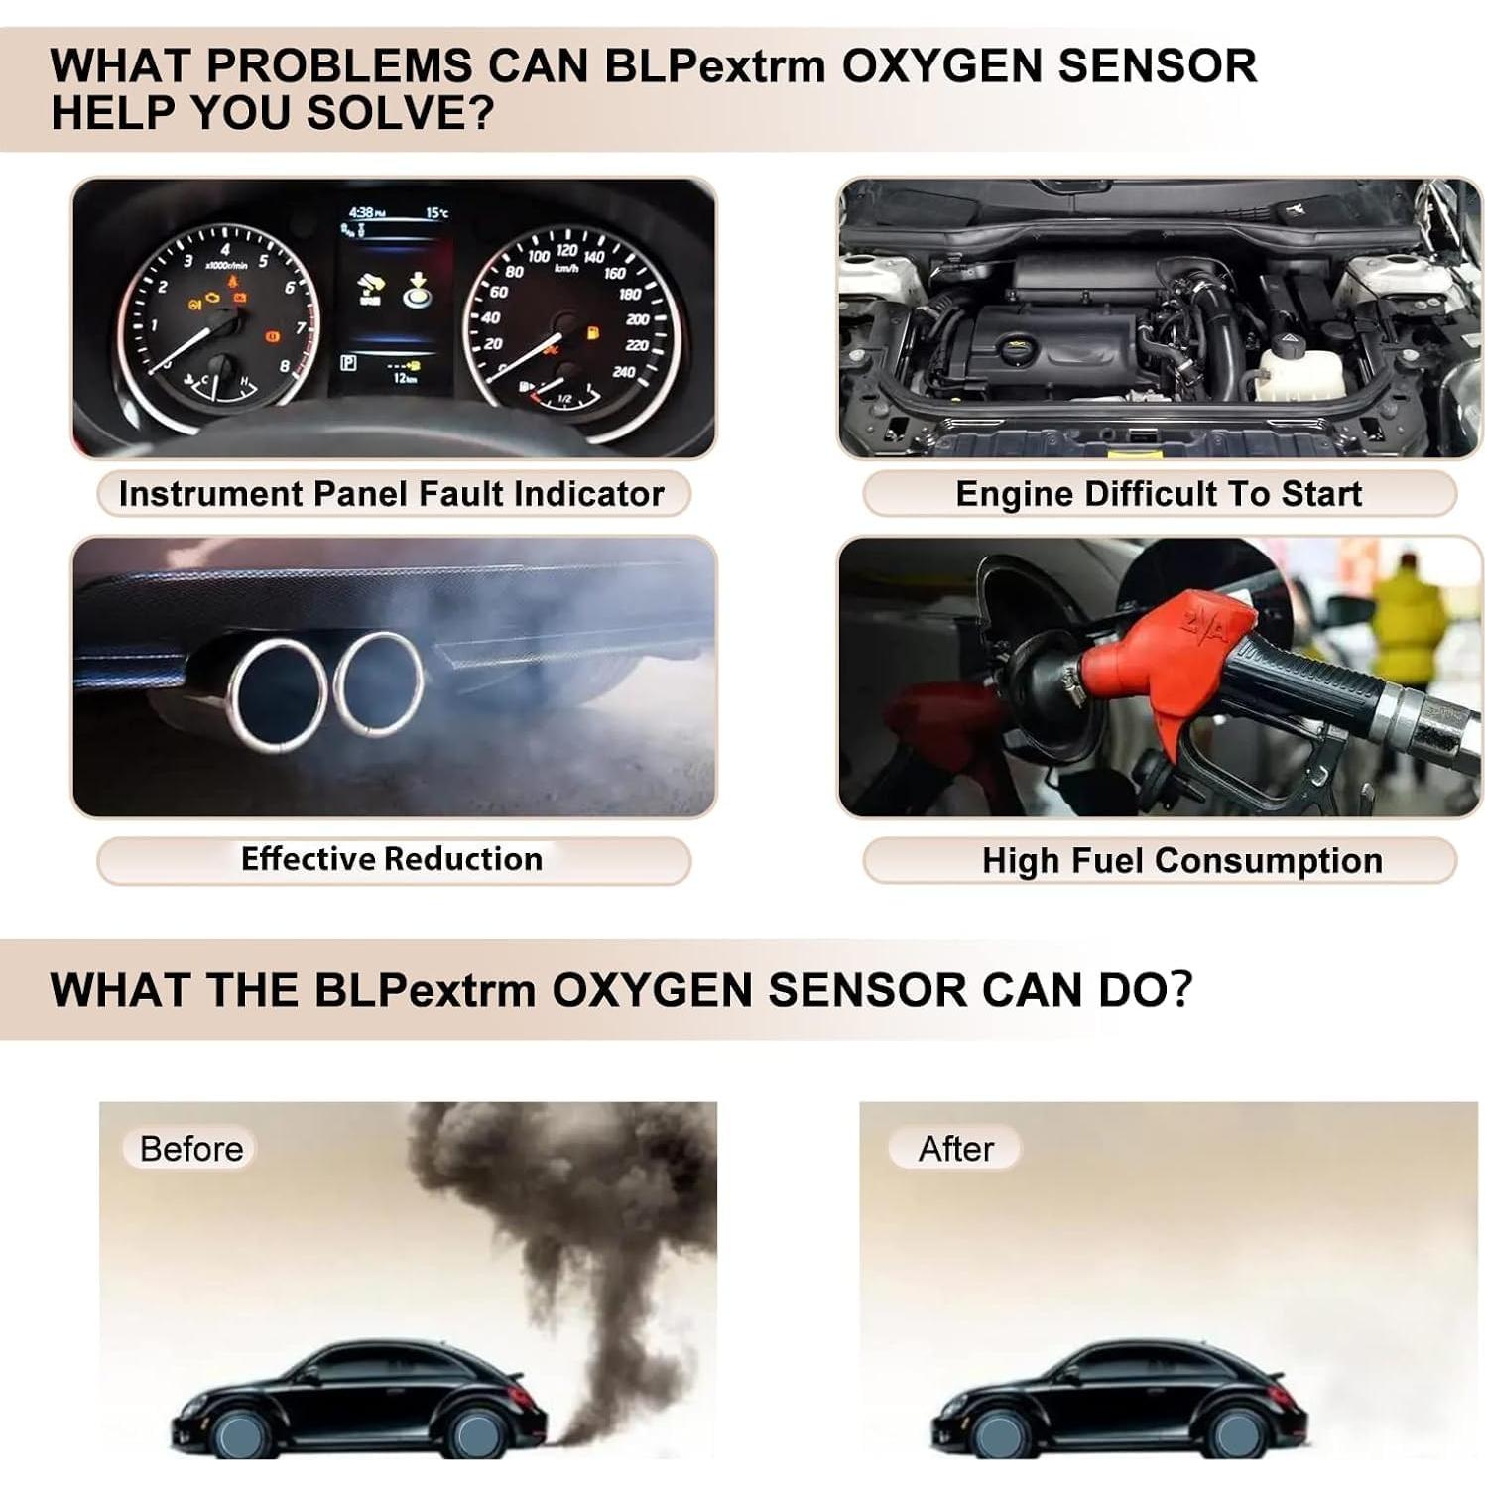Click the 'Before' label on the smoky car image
pos(190,1149)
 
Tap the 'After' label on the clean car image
pos(955,1149)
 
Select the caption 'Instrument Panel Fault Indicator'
pos(391,494)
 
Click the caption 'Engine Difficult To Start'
pos(1158,494)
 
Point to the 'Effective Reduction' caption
pos(392,859)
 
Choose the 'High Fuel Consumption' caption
pos(1181,860)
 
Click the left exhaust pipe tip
pos(277,692)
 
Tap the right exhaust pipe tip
pos(378,684)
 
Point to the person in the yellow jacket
pos(1407,625)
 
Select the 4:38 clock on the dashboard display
pos(361,212)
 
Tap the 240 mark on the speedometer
pos(624,372)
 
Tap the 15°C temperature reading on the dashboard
pos(436,212)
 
